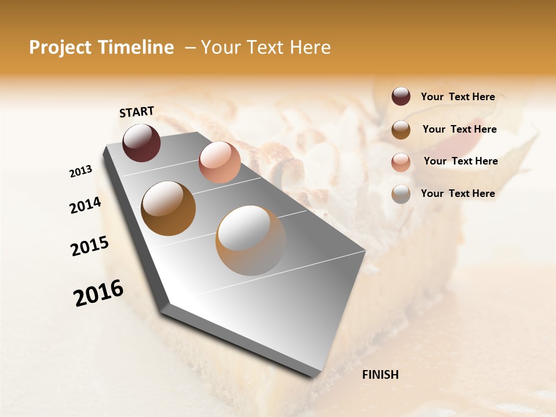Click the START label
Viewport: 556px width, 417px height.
137,112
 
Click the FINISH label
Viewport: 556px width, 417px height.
380,375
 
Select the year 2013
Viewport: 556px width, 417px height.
81,171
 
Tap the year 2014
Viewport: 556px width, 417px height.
85,205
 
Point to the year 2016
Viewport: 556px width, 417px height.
98,293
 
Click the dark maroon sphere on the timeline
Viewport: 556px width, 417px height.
141,142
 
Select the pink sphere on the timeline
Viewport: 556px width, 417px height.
220,162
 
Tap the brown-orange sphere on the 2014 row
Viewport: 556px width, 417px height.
168,209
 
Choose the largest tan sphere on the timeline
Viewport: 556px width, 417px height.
251,240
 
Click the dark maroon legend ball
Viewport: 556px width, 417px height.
401,97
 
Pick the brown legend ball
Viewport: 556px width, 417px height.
401,129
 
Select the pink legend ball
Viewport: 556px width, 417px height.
401,162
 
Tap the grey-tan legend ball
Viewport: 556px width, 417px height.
401,194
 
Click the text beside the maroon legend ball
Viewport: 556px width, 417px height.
458,97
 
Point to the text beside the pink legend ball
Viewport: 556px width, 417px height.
460,161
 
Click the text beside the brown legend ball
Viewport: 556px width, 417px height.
459,129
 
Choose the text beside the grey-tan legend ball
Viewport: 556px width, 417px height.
458,193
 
